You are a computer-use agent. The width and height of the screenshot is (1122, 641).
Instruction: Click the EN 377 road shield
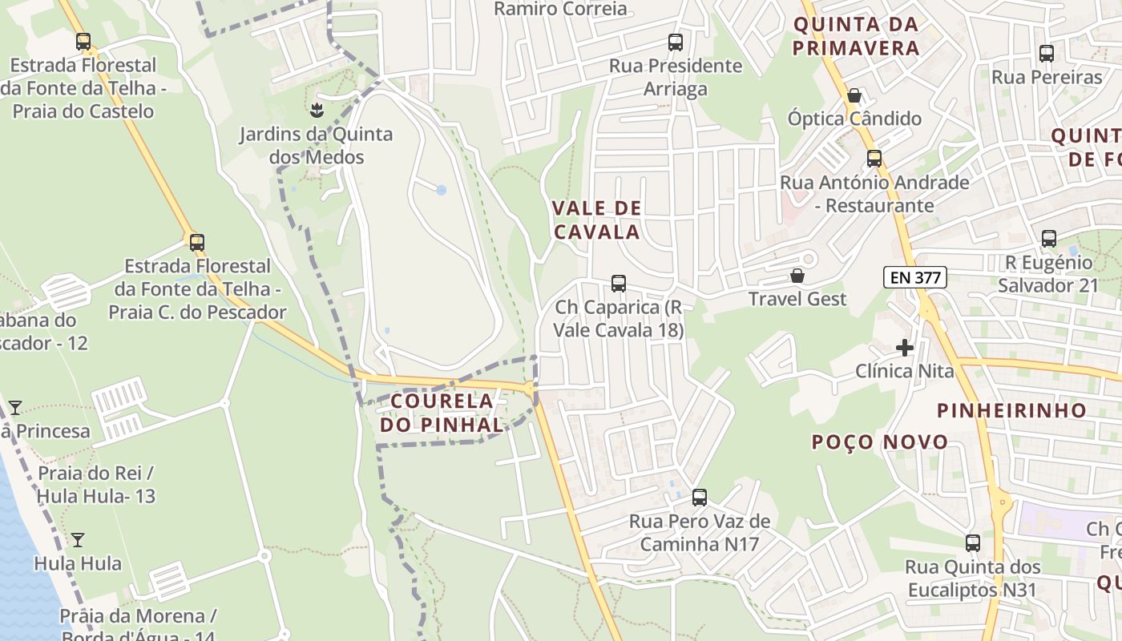click(915, 278)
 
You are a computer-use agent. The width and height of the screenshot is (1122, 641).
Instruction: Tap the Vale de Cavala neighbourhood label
click(596, 220)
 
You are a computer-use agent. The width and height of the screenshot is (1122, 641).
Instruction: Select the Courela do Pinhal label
click(442, 413)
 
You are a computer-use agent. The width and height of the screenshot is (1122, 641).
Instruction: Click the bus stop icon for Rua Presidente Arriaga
click(675, 42)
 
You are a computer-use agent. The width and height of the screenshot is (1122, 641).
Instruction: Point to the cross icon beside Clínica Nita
click(905, 348)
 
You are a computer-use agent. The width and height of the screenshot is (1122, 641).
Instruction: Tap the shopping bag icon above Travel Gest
click(797, 276)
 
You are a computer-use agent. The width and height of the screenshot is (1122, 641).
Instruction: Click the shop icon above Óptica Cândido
click(854, 96)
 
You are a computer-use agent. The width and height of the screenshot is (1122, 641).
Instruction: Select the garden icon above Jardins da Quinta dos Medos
click(317, 109)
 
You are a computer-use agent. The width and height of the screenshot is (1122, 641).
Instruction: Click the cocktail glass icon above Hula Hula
click(78, 540)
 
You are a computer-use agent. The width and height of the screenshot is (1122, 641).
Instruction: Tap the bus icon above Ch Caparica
click(618, 284)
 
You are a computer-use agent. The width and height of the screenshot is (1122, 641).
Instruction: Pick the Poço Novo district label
click(879, 441)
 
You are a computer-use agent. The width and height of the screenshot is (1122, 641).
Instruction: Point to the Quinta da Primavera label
click(855, 36)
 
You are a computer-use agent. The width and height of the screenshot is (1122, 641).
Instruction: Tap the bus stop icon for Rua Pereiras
click(1046, 54)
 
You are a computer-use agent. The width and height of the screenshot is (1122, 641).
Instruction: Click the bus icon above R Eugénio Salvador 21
click(1048, 239)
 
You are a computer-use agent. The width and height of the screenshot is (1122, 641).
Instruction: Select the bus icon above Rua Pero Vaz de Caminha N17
click(699, 498)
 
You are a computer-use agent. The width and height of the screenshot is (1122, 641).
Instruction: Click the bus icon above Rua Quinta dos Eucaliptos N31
click(972, 543)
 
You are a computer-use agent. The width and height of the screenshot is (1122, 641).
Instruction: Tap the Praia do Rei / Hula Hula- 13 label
click(96, 484)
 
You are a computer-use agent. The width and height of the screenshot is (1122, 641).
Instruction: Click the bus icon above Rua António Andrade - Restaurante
click(874, 159)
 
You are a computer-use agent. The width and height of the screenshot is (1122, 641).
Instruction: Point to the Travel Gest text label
click(797, 299)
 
